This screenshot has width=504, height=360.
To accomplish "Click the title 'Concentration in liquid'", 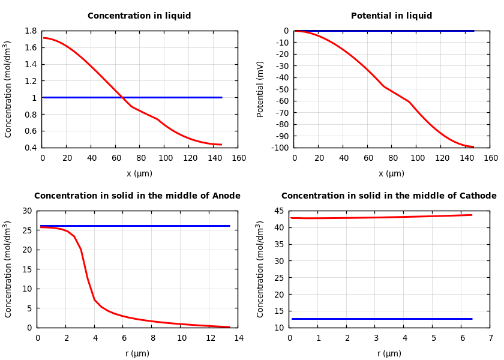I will (139, 16).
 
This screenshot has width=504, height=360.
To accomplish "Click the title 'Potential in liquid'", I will (391, 16).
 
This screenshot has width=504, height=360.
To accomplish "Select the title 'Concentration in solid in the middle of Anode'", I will (137, 196).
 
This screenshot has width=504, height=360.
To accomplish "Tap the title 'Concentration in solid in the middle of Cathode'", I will (389, 196).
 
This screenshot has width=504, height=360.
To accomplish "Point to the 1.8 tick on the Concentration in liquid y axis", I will (30, 31).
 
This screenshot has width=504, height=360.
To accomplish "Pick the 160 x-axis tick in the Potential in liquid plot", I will (490, 158).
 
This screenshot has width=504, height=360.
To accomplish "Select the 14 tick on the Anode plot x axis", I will (238, 338).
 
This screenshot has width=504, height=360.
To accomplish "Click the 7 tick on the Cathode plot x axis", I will (490, 338).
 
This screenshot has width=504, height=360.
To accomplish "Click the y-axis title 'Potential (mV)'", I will (260, 89).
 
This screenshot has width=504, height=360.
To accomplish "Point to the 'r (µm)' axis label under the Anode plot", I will (137, 353).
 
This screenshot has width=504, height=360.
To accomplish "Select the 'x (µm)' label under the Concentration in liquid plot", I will (139, 173).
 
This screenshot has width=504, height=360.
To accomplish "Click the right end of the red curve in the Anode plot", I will (229, 327).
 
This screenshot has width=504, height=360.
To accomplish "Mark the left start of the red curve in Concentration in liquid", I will (44, 38).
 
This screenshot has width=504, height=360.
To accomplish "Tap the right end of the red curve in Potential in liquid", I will (473, 146).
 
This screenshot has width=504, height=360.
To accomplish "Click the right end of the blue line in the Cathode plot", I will (472, 319).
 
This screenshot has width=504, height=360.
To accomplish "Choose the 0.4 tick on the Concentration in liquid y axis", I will (30, 148).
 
